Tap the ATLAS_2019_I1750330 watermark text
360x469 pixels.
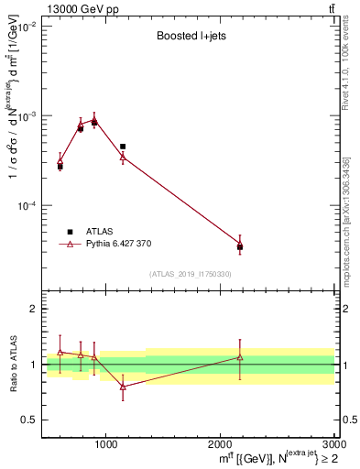coord(190,274)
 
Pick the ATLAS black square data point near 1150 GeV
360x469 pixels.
coord(123,147)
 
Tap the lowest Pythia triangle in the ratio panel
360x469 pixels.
coord(123,387)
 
